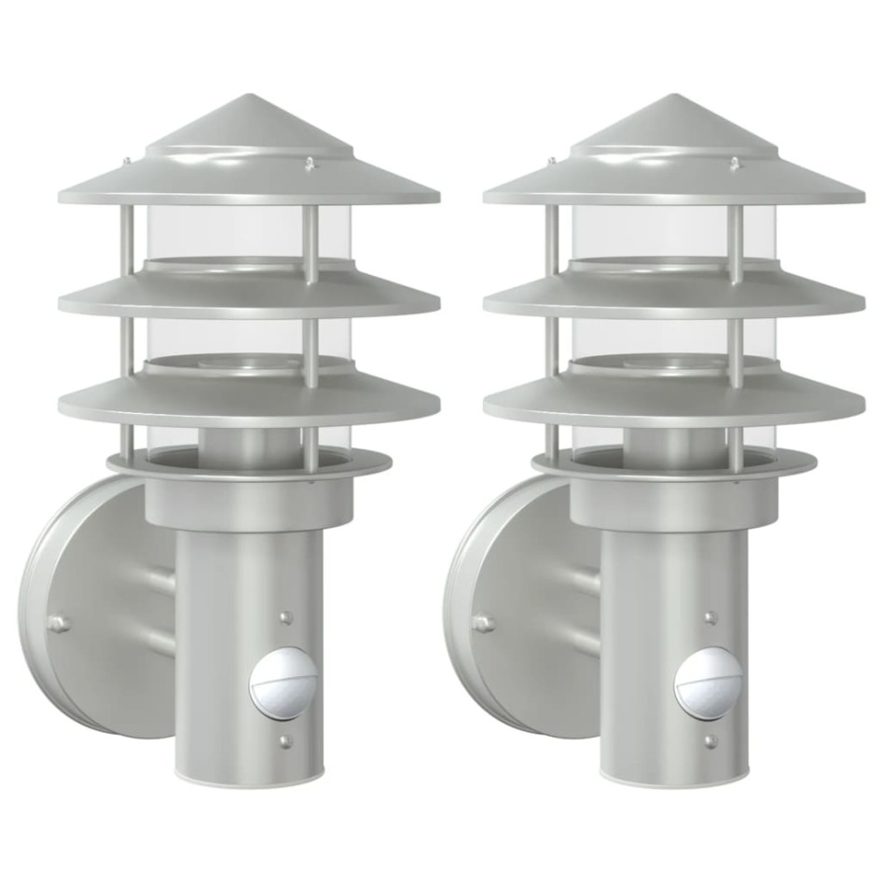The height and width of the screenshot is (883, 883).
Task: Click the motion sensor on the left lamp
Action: [283, 682]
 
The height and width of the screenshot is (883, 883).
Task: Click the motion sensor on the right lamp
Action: [709, 682]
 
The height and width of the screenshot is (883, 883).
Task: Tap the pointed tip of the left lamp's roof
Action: [249, 95]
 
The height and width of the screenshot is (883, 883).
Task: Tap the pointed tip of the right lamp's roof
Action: [674, 95]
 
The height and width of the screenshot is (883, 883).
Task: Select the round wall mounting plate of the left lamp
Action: [89, 606]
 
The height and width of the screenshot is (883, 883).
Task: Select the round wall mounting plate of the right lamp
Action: [513, 606]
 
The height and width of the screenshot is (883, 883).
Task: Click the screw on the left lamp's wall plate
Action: [58, 622]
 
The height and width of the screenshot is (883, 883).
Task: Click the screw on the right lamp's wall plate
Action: [483, 622]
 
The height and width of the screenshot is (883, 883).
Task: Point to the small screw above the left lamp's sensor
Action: [286, 617]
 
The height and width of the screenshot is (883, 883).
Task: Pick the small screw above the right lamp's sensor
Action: [711, 617]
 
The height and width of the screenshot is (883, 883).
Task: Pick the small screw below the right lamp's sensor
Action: [711, 742]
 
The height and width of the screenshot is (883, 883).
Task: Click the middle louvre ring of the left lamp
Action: [249, 297]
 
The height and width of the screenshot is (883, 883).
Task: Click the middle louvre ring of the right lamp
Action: [674, 297]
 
